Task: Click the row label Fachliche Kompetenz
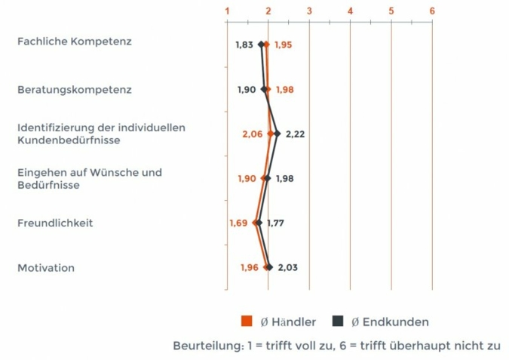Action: pyautogui.click(x=75, y=42)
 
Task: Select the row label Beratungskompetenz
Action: pyautogui.click(x=75, y=90)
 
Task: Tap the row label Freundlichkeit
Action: pyautogui.click(x=55, y=223)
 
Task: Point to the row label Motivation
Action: pyautogui.click(x=46, y=268)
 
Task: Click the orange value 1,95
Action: pyautogui.click(x=283, y=45)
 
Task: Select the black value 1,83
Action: pyautogui.click(x=244, y=45)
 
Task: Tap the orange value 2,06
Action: pyautogui.click(x=253, y=134)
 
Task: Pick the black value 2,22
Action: pyautogui.click(x=295, y=134)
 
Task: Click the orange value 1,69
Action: pyautogui.click(x=238, y=223)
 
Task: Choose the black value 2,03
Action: pyautogui.click(x=288, y=267)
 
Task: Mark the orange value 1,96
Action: pyautogui.click(x=250, y=267)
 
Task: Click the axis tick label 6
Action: pyautogui.click(x=432, y=11)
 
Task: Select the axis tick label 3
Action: pyautogui.click(x=309, y=11)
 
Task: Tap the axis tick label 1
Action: pyautogui.click(x=227, y=11)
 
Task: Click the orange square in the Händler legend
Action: pyautogui.click(x=246, y=322)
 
